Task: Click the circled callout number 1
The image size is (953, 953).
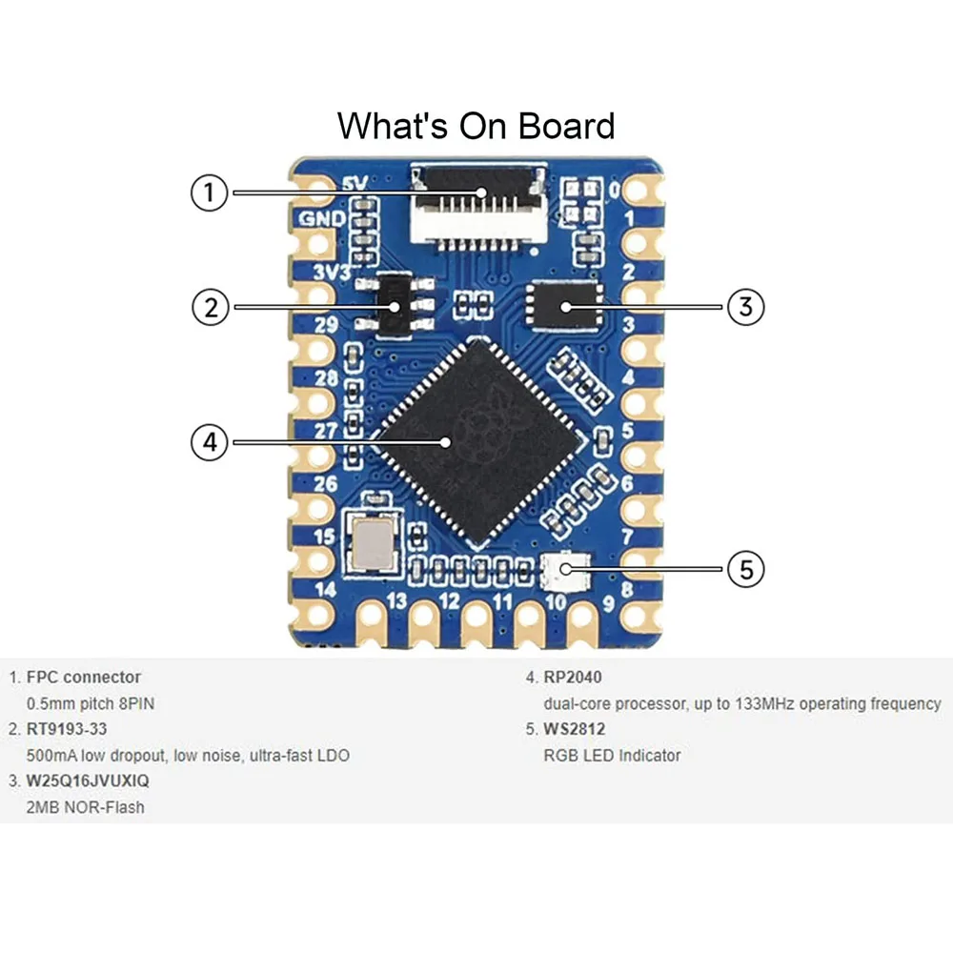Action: [209, 193]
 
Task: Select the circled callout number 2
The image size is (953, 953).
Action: [209, 307]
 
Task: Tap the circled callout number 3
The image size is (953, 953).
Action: [746, 307]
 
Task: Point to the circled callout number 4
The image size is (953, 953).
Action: [209, 442]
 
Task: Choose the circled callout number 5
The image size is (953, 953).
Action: [746, 569]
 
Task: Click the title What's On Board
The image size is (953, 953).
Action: [476, 126]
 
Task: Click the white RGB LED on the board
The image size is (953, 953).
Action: [565, 570]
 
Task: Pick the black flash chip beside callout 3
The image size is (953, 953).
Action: [564, 307]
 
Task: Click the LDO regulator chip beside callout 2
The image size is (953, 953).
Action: [394, 305]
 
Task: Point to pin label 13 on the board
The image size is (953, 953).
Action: [396, 602]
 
